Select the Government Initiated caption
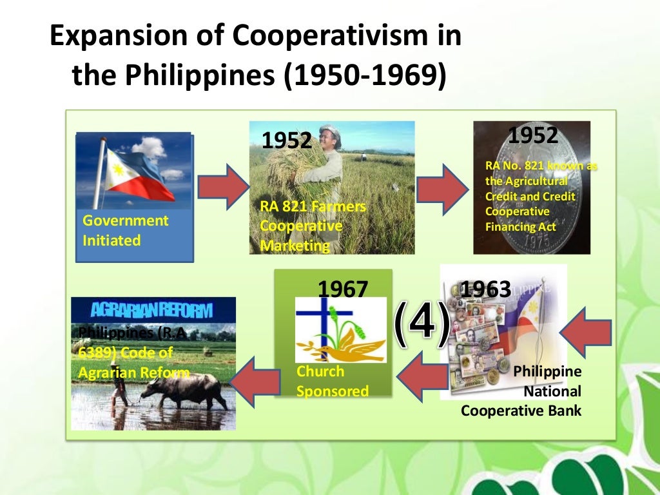[x=125, y=230]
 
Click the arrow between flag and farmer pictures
[x=222, y=187]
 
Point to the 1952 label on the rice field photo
[x=286, y=140]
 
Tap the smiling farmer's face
[x=330, y=141]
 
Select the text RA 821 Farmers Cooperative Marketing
[x=313, y=226]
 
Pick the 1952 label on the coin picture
[x=532, y=136]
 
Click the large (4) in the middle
[x=422, y=323]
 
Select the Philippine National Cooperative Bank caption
[x=521, y=391]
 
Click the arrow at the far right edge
[x=586, y=332]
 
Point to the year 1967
[x=342, y=289]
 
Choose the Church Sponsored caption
[x=333, y=381]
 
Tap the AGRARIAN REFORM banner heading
[x=151, y=310]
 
